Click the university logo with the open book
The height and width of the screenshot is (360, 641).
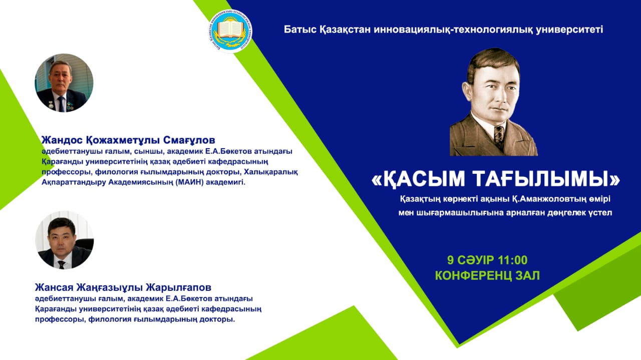pos(230,31)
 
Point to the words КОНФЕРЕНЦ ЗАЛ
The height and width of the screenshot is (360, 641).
pos(487,275)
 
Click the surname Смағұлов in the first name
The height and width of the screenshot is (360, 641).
pos(189,140)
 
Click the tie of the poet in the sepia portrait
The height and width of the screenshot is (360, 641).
pos(499,137)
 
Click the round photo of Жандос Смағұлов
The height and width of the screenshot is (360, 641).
pos(64,83)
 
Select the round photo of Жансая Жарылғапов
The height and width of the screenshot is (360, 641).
pos(65,240)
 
